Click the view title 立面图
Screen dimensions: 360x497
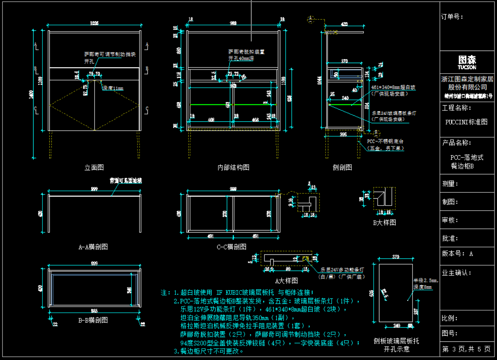point(95,167)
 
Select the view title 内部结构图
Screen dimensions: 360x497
point(233,167)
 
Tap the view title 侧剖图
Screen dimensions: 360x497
point(342,167)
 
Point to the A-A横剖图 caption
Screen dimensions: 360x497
point(93,247)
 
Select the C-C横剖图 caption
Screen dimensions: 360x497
point(231,247)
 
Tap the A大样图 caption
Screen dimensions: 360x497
point(286,280)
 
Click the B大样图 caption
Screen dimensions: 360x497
point(384,222)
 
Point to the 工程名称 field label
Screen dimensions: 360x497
point(457,108)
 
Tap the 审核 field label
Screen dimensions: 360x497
point(450,220)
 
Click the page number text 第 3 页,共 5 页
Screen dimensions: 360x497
point(467,349)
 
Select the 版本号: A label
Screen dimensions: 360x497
point(457,254)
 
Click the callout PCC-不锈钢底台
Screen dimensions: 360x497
point(385,142)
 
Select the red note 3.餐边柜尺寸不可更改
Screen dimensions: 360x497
point(209,351)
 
